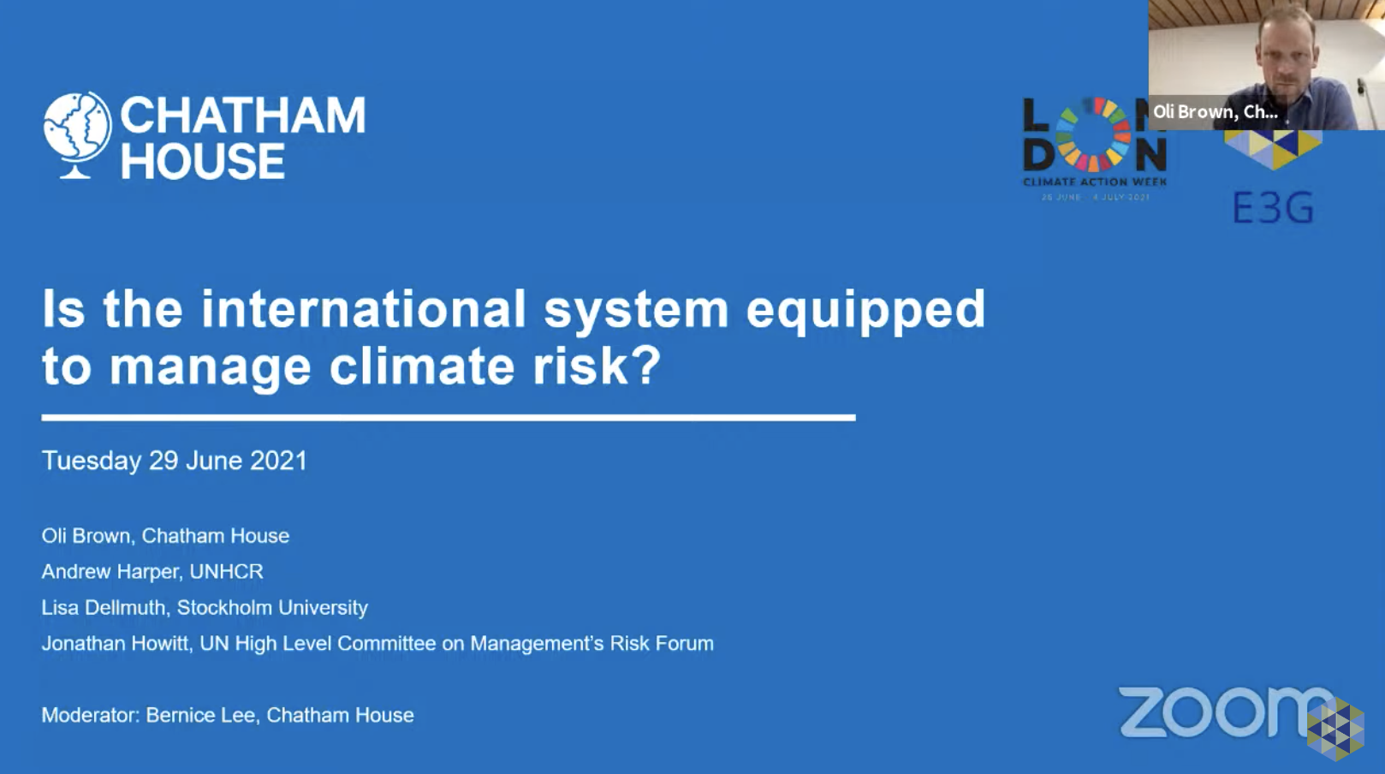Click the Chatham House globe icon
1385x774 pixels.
(x=77, y=134)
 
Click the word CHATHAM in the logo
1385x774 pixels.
(x=243, y=116)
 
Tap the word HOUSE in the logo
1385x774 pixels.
(x=203, y=162)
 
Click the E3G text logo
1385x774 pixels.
(x=1272, y=208)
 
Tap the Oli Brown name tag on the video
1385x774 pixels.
(x=1215, y=112)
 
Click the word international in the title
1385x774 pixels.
(x=364, y=309)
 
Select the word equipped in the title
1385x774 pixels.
(x=865, y=309)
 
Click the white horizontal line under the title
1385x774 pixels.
(x=448, y=418)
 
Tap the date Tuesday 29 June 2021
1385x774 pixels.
(x=175, y=461)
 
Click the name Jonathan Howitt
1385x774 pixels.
(x=116, y=644)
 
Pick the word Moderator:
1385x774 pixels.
(x=91, y=716)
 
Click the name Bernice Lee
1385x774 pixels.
(x=200, y=716)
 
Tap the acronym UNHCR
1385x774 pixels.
(x=226, y=572)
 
